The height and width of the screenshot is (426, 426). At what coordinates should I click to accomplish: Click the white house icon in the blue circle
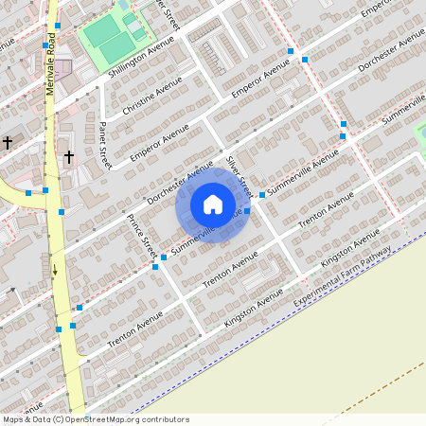(x=213, y=204)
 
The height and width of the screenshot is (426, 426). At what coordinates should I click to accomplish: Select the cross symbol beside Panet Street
(x=68, y=155)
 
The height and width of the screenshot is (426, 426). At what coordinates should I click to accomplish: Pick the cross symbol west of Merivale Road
(x=8, y=142)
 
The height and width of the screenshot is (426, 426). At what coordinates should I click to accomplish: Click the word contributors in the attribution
(x=164, y=419)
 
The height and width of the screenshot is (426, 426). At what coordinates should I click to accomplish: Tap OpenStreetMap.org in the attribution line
(x=103, y=419)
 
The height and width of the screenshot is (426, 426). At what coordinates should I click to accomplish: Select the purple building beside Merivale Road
(x=62, y=69)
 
